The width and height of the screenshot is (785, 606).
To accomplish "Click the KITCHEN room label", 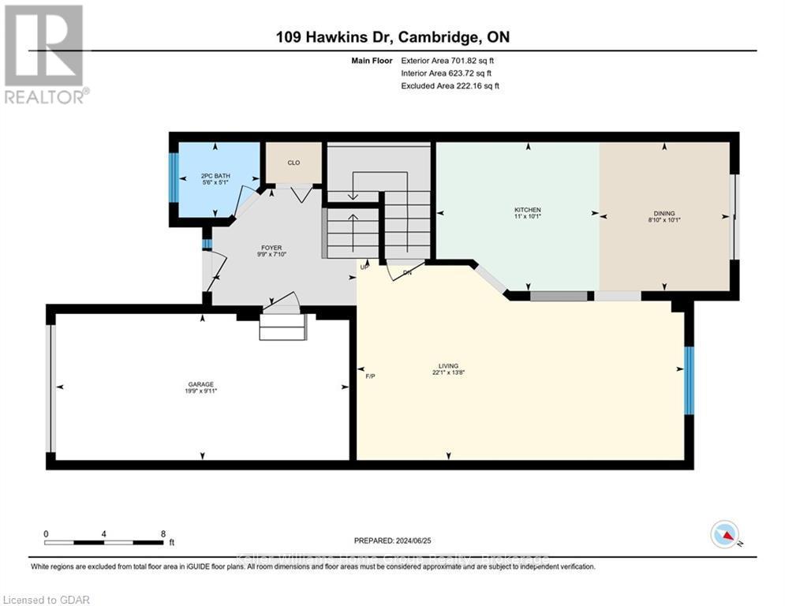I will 528,210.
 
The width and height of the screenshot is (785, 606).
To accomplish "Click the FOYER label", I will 271,247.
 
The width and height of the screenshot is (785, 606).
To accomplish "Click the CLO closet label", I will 293,163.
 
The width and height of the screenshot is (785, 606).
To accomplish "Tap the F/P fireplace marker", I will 370,376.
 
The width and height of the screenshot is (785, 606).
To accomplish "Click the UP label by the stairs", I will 364,267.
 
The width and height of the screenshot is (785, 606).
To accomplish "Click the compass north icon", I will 724,535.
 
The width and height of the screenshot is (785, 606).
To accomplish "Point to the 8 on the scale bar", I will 163,533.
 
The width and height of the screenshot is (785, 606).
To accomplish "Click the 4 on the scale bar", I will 104,533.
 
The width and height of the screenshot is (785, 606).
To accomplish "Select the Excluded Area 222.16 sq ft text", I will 450,85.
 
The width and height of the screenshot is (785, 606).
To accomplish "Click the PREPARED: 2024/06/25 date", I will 391,541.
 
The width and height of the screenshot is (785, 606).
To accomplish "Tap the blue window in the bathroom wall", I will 172,178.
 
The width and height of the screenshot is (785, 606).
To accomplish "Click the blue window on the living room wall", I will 689,380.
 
